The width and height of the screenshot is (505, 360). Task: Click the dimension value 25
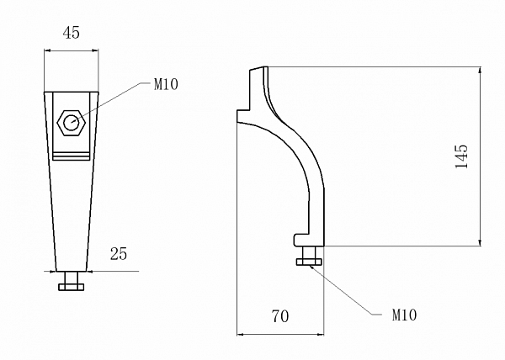pyautogui.click(x=118, y=252)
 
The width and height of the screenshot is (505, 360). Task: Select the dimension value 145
pyautogui.click(x=460, y=156)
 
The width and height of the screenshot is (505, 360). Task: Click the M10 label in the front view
pyautogui.click(x=166, y=84)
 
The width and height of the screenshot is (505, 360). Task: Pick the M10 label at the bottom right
pyautogui.click(x=405, y=315)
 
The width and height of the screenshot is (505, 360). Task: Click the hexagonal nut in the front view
pyautogui.click(x=70, y=123)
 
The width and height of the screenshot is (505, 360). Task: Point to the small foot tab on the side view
pyautogui.click(x=300, y=240)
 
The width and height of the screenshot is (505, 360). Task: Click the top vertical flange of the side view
pyautogui.click(x=255, y=88)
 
